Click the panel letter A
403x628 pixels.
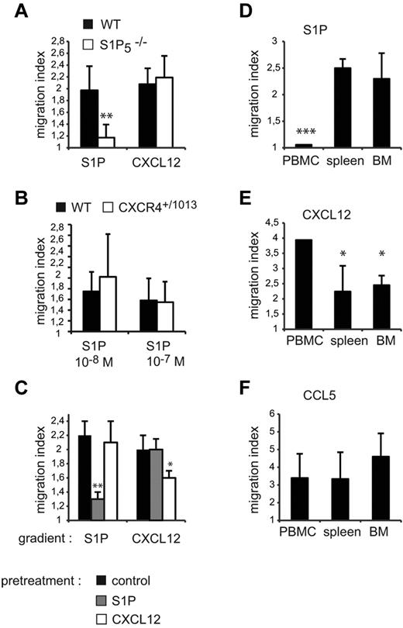pyautogui.click(x=18, y=12)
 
